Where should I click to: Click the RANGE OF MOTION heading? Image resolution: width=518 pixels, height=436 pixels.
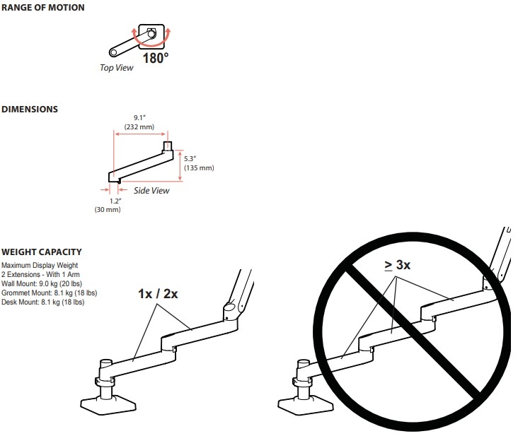(x=43, y=8)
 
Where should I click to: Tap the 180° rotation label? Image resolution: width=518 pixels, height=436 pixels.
(x=156, y=58)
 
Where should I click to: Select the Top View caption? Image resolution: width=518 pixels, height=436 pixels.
(x=117, y=68)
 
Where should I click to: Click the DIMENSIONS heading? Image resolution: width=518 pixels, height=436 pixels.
(x=30, y=109)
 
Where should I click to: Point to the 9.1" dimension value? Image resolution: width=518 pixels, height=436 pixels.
(x=139, y=118)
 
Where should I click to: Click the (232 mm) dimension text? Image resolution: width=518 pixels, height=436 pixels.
(x=139, y=127)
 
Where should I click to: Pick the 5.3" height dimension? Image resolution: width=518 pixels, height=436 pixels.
(x=190, y=158)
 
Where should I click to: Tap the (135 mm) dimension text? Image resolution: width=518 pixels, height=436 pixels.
(x=199, y=168)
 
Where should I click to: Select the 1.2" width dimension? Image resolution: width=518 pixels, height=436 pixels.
(x=115, y=201)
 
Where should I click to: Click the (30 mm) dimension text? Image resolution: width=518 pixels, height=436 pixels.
(x=108, y=209)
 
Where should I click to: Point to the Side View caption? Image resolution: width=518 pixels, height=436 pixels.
(x=151, y=191)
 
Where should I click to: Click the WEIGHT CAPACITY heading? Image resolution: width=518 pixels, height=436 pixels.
(x=42, y=252)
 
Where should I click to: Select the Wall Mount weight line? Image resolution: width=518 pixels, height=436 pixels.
(x=42, y=283)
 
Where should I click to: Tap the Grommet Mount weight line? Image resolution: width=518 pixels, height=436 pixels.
(x=50, y=293)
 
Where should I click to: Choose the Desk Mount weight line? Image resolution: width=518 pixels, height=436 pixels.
(x=43, y=302)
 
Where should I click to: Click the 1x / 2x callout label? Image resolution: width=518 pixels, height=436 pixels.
(x=158, y=293)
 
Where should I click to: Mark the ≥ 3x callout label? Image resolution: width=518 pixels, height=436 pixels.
(x=398, y=265)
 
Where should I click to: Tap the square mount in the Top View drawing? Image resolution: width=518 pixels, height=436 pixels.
(x=151, y=36)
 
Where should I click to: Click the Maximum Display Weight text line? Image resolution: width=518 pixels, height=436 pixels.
(x=40, y=265)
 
